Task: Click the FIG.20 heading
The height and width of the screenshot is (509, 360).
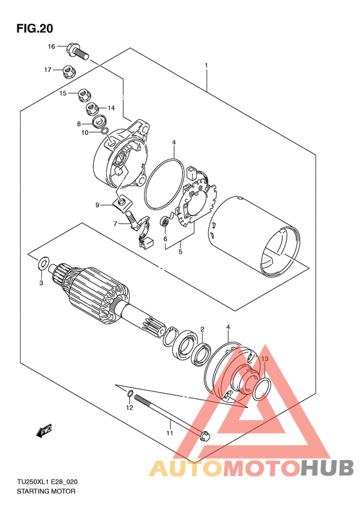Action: (x=35, y=29)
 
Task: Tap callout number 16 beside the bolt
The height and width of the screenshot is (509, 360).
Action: (x=51, y=47)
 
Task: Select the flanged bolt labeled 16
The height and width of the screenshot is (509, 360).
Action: (x=78, y=51)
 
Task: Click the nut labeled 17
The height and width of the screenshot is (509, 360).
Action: (x=68, y=71)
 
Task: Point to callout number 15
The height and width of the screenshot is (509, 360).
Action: (x=63, y=93)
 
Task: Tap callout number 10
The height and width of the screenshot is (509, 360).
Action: (x=85, y=133)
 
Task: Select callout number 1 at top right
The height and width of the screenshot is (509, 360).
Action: (x=206, y=66)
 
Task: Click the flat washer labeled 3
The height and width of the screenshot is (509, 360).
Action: (x=44, y=263)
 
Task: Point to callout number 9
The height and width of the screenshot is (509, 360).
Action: (x=97, y=205)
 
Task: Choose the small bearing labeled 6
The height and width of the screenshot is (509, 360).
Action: (x=165, y=223)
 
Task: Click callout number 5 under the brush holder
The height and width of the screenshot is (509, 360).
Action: (x=181, y=252)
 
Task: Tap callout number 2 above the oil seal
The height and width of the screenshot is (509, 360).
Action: (x=202, y=329)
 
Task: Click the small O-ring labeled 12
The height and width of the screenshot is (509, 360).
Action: (x=129, y=394)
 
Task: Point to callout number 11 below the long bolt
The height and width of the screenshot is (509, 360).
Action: (x=170, y=433)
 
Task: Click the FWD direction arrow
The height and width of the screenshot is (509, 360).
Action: (x=44, y=430)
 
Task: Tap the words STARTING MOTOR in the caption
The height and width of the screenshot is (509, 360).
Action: (x=46, y=492)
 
